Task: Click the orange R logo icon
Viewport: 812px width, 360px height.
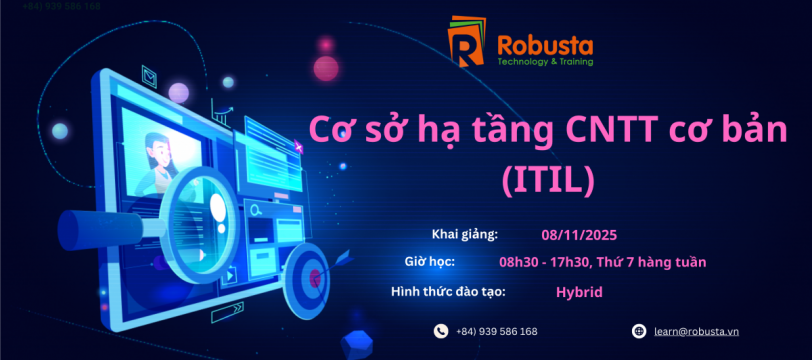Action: click(467, 41)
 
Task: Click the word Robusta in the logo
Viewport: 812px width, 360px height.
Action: click(545, 46)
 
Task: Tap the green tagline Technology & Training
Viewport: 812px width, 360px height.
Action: click(545, 62)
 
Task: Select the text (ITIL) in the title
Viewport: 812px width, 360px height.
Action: click(547, 181)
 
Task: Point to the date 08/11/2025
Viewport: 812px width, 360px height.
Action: click(579, 235)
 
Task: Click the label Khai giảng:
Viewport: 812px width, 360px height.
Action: click(465, 234)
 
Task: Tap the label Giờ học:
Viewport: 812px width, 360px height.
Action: click(429, 262)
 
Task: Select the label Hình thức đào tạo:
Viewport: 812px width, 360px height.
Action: click(448, 292)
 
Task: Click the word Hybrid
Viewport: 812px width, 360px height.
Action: click(579, 292)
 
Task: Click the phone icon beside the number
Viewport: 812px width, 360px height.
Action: click(441, 331)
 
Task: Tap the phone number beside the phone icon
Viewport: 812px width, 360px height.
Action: click(497, 332)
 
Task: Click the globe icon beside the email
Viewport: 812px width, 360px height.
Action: click(639, 331)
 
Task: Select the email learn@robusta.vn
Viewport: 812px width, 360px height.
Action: click(696, 332)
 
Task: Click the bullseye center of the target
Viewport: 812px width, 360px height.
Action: click(314, 279)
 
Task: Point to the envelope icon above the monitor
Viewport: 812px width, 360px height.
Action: click(150, 78)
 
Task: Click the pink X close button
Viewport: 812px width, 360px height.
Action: click(298, 148)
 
